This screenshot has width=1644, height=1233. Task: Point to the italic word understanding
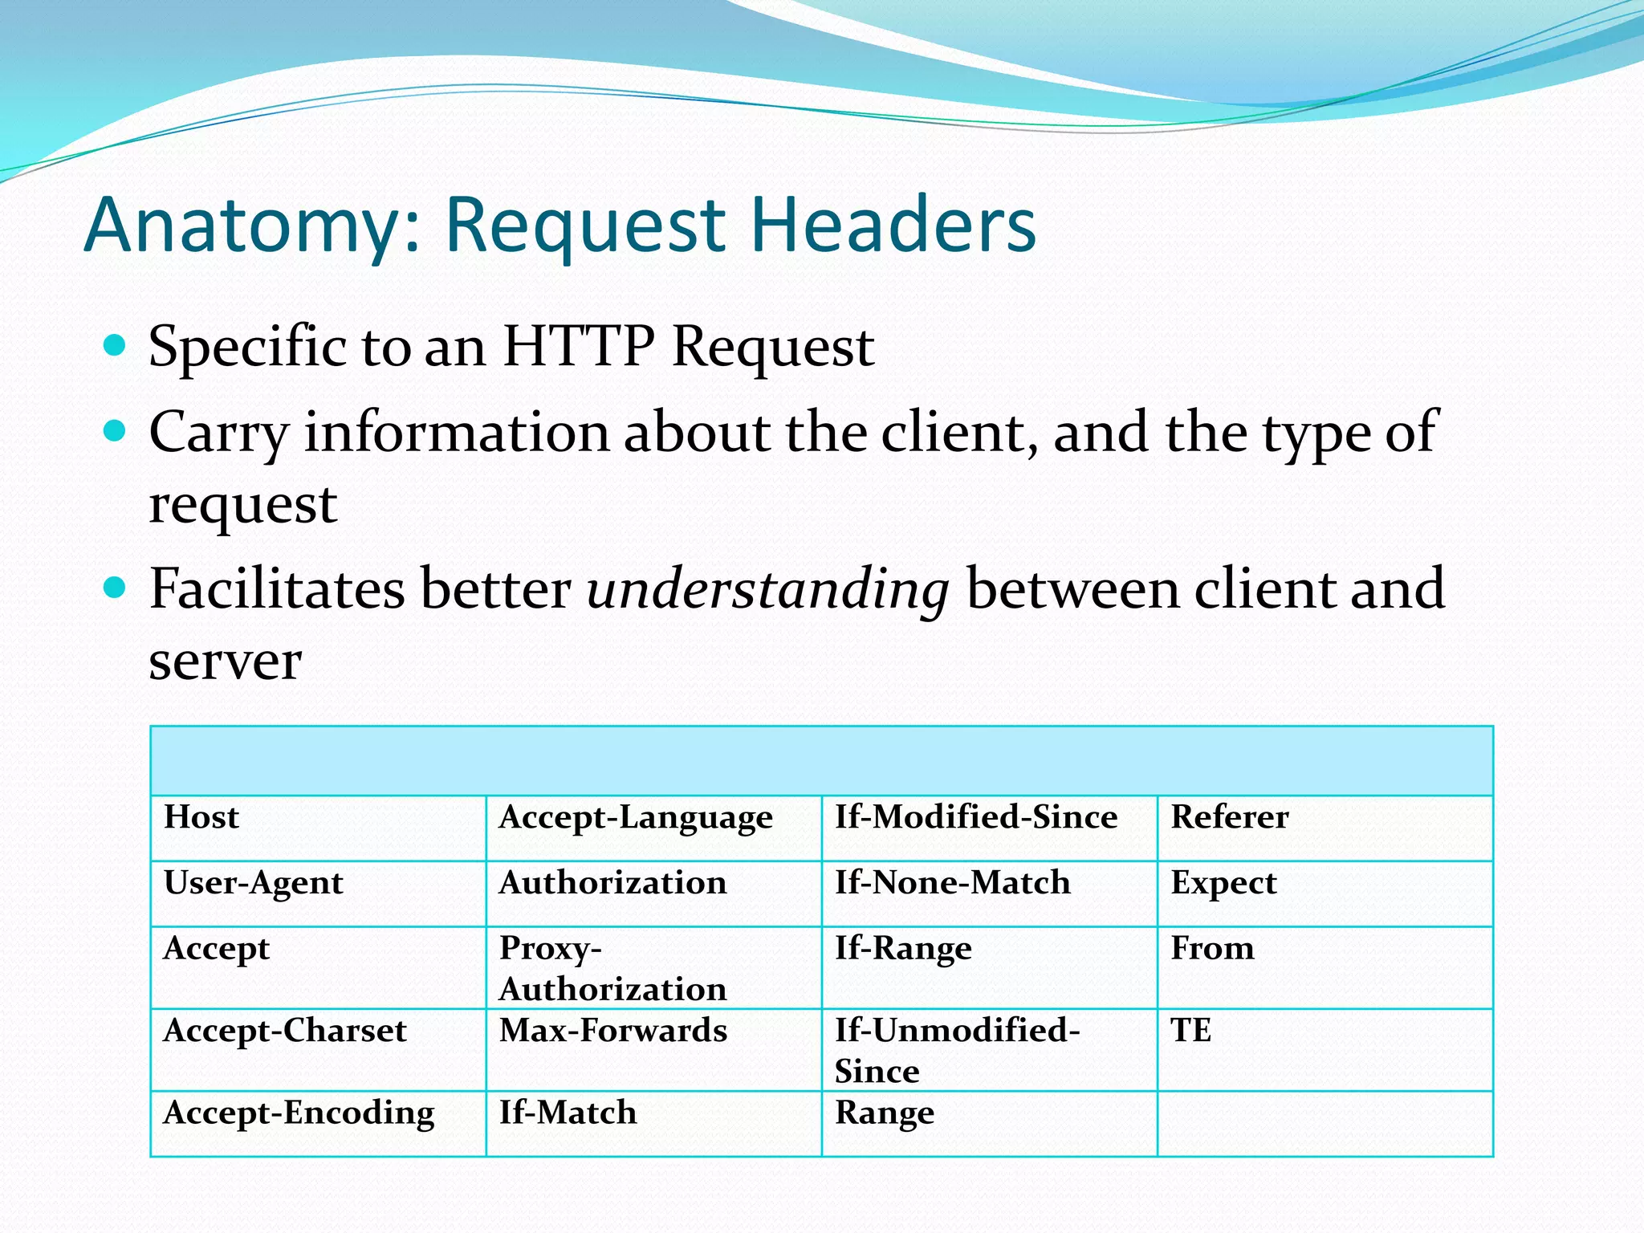click(x=768, y=590)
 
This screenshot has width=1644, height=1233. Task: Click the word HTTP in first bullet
click(x=579, y=347)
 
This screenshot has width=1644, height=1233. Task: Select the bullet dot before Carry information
click(x=116, y=430)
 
